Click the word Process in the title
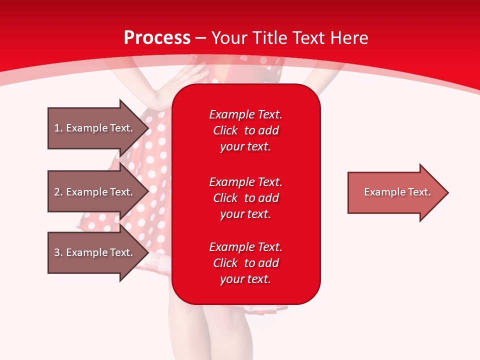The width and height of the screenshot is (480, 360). click(156, 38)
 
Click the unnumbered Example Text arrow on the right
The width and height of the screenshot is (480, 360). click(395, 192)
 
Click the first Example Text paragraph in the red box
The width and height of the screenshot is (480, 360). click(245, 130)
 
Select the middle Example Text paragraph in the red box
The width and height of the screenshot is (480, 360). click(245, 198)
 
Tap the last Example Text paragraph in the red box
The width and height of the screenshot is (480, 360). click(245, 263)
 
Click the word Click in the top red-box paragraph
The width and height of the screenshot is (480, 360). click(225, 130)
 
